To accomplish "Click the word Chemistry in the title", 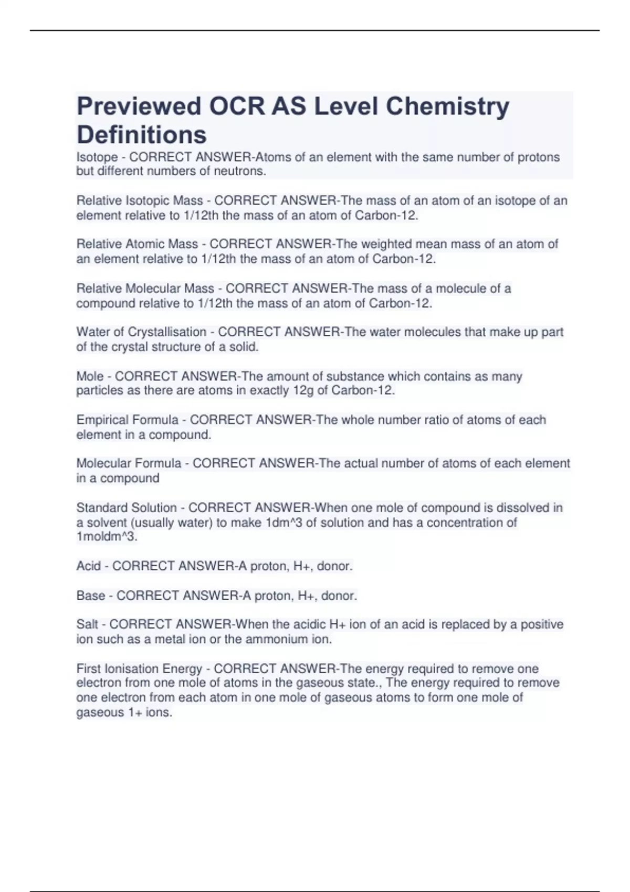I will point(447,107).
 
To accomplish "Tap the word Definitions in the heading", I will point(142,135).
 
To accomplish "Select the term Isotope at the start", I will point(97,157).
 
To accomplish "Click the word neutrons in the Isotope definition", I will point(239,171).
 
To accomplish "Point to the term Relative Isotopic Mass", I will point(140,200).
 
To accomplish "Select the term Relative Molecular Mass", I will point(145,288).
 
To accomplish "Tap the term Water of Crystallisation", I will point(141,332).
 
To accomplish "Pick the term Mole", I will point(90,376).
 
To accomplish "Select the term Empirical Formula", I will point(128,420).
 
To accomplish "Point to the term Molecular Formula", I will point(129,463).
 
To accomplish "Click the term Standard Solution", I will point(127,507).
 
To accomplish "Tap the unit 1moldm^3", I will point(107,537).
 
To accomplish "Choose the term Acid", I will point(88,566).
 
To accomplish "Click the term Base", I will point(90,596).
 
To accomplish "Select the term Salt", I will point(87,624).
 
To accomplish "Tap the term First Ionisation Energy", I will point(139,668).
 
